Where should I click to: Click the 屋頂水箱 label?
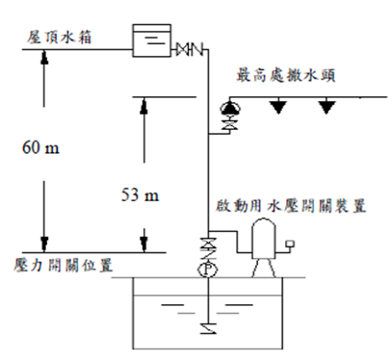click(x=59, y=38)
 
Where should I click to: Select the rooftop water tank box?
click(x=152, y=40)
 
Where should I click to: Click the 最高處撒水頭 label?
click(x=286, y=76)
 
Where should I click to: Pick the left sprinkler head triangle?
click(x=277, y=107)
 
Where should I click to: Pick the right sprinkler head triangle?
click(x=326, y=107)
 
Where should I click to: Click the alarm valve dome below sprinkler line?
click(x=230, y=109)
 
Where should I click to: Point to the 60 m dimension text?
click(x=40, y=148)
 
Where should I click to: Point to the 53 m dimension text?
click(x=140, y=194)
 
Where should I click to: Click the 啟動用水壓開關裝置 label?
click(x=291, y=206)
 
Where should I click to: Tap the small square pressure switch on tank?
click(x=290, y=244)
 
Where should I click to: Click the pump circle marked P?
click(x=207, y=270)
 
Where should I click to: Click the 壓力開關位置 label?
click(x=64, y=266)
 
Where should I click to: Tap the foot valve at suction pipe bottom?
click(x=208, y=328)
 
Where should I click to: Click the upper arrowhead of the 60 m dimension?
click(x=44, y=58)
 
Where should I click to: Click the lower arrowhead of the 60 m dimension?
click(x=44, y=244)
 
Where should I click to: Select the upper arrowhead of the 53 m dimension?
click(x=144, y=105)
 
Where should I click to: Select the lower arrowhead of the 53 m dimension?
click(x=144, y=244)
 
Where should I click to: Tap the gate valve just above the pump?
click(x=208, y=244)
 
